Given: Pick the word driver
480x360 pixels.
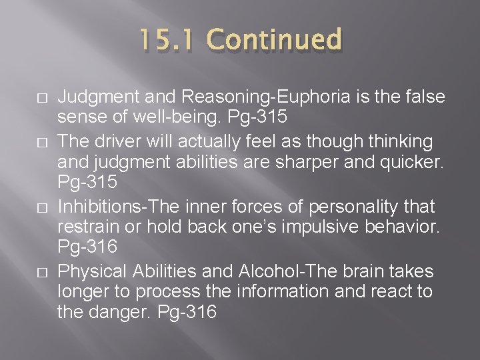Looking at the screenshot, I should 115,141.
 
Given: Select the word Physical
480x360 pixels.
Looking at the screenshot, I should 92,271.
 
